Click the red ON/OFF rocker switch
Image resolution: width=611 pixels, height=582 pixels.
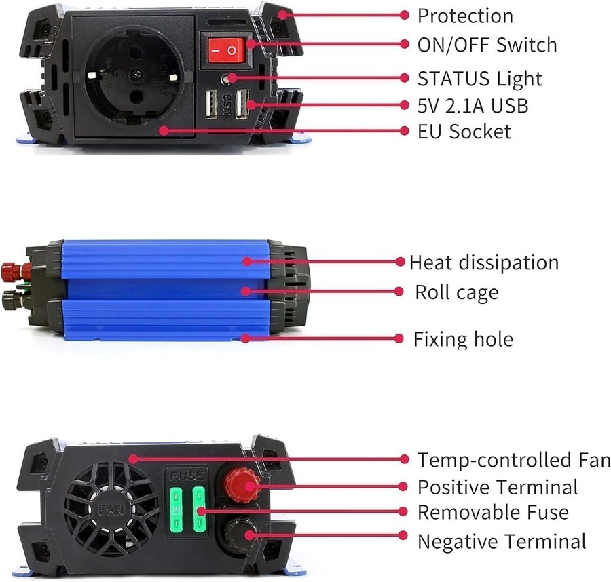226,50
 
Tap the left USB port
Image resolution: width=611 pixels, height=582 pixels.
211,104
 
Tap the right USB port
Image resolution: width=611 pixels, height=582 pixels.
242,104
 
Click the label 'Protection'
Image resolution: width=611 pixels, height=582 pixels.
465,16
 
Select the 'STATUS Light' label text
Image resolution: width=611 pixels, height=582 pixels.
480,79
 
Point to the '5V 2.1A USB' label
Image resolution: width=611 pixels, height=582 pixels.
473,106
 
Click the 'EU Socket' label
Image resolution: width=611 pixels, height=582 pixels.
464,131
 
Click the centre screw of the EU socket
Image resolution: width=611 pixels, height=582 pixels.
136,73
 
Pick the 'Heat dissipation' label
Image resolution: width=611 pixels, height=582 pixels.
484,263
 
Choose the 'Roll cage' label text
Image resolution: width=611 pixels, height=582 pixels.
457,292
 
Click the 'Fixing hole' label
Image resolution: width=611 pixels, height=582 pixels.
463,339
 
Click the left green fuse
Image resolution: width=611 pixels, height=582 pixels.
176,509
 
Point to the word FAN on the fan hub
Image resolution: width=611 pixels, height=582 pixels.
111,509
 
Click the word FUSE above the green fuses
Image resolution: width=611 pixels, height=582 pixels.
187,476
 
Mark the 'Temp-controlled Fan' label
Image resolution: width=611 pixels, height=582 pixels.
514,459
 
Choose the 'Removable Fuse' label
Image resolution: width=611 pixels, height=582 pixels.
493,512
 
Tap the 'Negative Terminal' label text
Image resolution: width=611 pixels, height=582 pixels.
502,541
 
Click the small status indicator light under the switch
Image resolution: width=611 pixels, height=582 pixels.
226,79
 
